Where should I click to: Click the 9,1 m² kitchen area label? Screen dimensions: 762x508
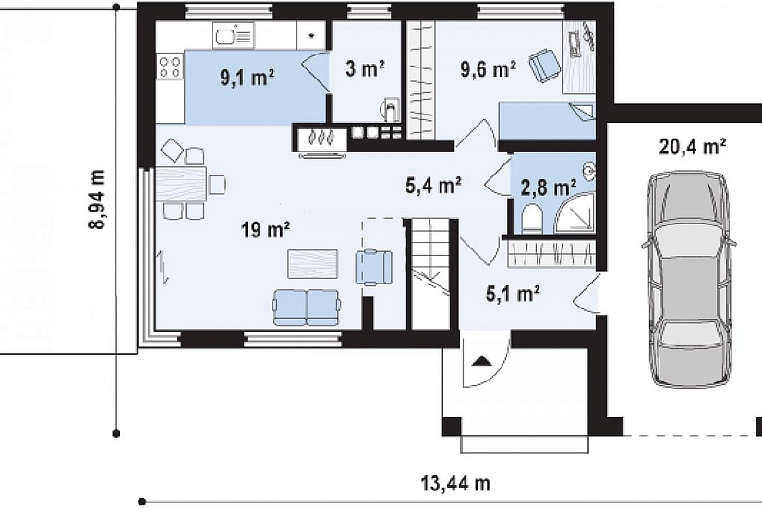click(x=248, y=78)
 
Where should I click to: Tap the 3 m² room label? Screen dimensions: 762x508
click(x=366, y=69)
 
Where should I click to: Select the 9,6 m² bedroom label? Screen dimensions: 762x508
click(x=489, y=69)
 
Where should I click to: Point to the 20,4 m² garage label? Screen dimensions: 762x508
click(x=693, y=146)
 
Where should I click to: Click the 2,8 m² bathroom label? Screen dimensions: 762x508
click(x=549, y=187)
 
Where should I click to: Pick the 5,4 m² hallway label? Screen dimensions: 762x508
click(x=433, y=186)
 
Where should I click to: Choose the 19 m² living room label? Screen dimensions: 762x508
click(x=266, y=229)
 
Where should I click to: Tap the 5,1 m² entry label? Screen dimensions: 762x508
click(x=514, y=294)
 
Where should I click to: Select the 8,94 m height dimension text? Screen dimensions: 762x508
click(x=98, y=200)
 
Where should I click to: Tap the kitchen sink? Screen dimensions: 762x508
click(x=234, y=36)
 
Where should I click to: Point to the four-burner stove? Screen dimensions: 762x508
click(x=170, y=67)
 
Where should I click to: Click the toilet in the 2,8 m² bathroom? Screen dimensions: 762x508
click(x=531, y=218)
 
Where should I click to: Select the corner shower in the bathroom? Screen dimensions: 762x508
click(x=575, y=214)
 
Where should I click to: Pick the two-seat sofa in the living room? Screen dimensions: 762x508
click(x=307, y=308)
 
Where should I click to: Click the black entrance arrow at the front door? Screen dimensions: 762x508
click(x=481, y=361)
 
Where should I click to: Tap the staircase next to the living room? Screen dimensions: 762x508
click(x=430, y=274)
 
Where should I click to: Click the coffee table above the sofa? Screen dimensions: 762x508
click(x=312, y=264)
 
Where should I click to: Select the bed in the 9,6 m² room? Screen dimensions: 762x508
click(x=547, y=121)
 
